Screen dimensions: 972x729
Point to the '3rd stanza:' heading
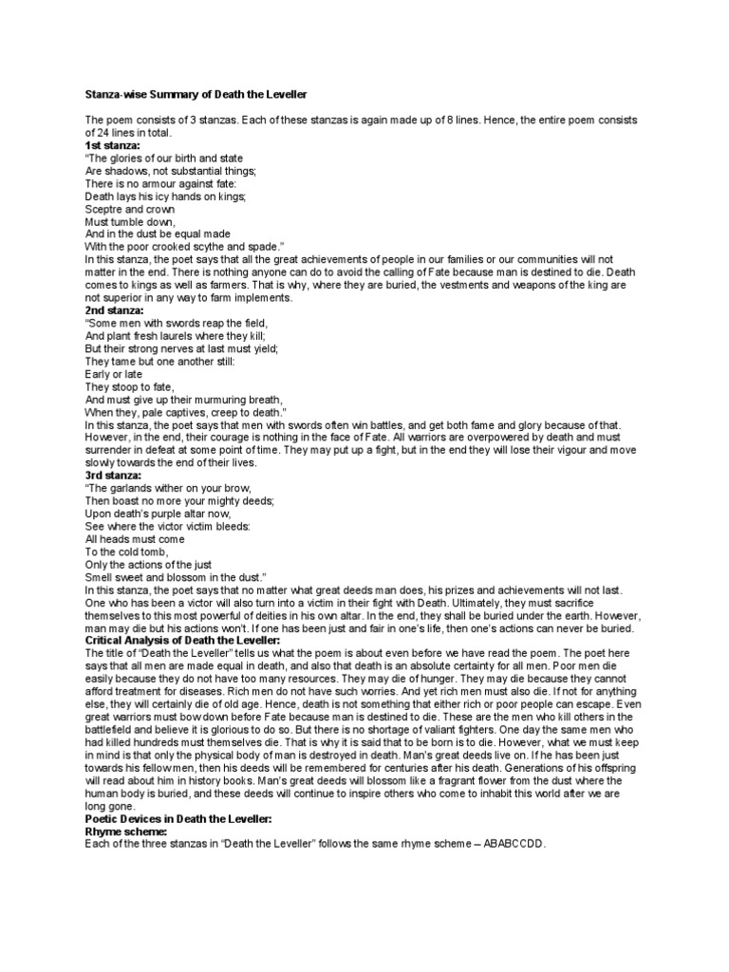click(x=113, y=476)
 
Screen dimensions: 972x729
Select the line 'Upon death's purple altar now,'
click(x=157, y=514)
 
